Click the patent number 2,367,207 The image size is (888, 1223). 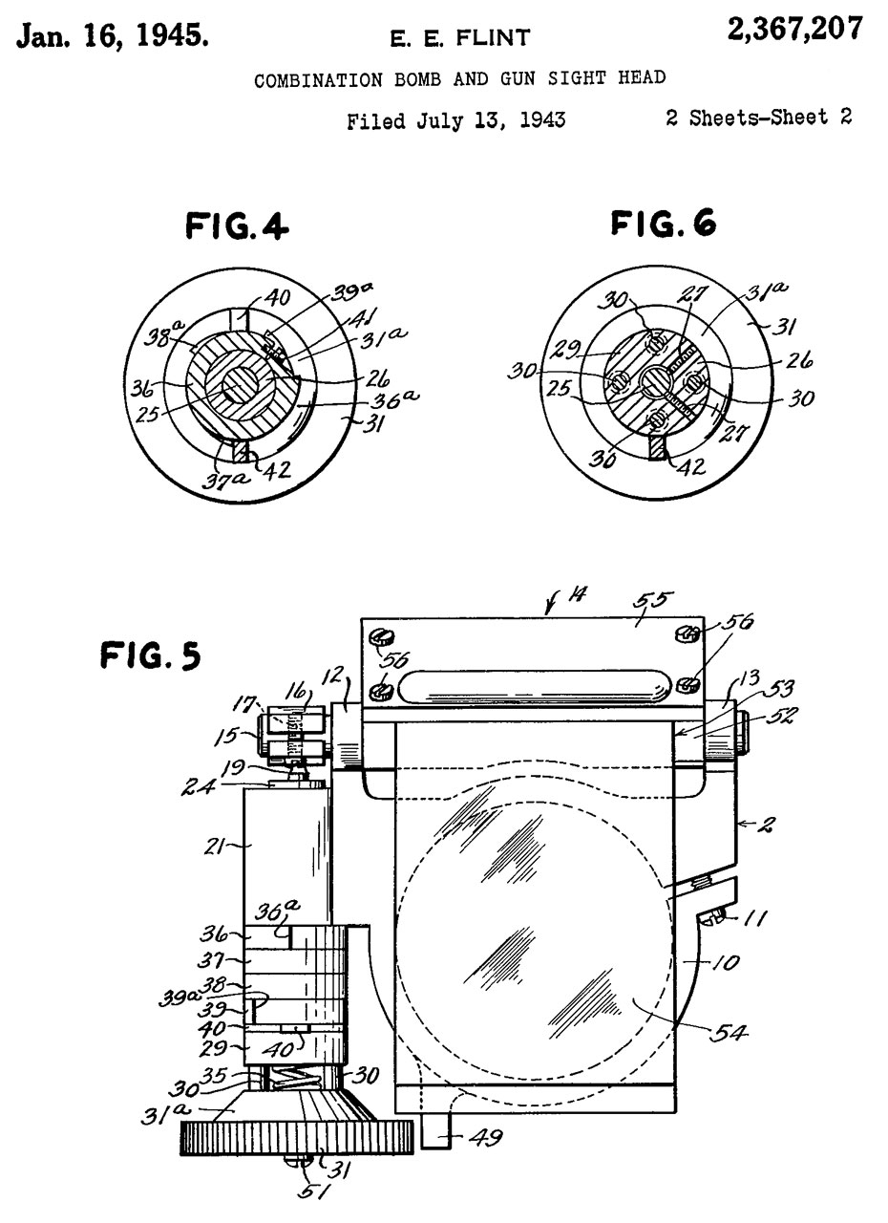[x=795, y=29]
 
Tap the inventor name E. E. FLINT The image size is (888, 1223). [x=460, y=37]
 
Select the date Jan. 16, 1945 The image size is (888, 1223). [x=112, y=36]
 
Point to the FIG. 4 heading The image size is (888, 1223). [x=237, y=225]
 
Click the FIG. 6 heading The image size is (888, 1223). [x=663, y=223]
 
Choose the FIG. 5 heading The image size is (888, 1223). [x=151, y=655]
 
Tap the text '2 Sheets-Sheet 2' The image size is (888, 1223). [x=758, y=118]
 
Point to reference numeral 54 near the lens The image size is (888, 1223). [x=728, y=1032]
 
